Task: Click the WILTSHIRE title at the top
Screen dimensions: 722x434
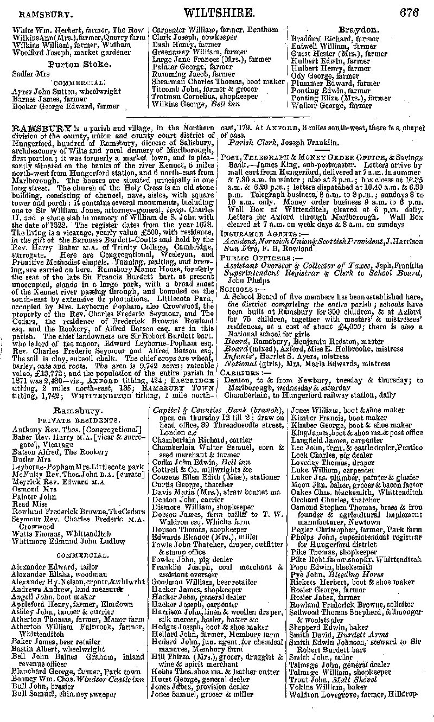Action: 219,12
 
